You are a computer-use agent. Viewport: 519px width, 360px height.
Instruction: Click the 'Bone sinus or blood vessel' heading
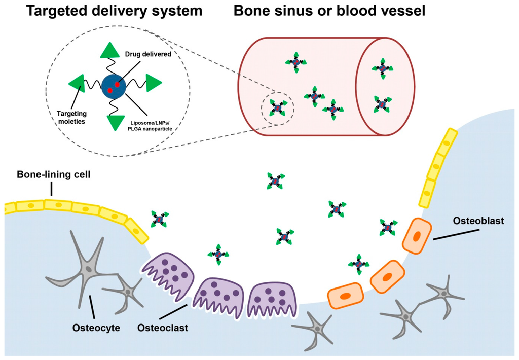(329, 11)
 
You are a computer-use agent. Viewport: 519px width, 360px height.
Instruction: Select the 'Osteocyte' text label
(97, 328)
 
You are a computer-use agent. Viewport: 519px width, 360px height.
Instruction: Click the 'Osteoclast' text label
(163, 328)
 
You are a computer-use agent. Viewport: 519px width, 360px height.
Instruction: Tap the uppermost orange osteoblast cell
(417, 235)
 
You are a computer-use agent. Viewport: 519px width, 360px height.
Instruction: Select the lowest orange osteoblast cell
(346, 295)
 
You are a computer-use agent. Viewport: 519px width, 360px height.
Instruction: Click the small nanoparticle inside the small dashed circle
(277, 107)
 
